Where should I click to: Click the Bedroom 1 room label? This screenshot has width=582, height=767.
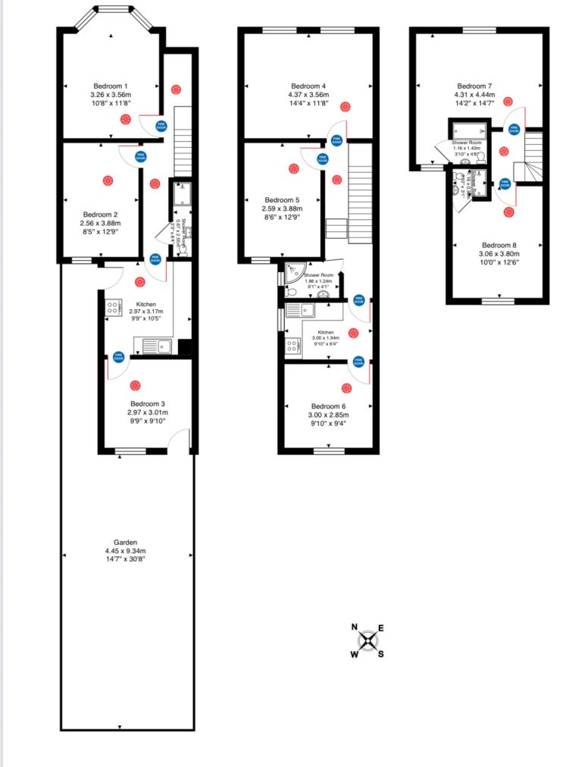click(111, 86)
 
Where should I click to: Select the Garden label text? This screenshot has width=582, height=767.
click(125, 542)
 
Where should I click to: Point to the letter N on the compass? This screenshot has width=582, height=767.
click(354, 628)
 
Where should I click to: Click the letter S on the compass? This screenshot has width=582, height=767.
click(380, 655)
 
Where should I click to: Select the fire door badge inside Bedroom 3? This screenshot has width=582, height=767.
click(118, 355)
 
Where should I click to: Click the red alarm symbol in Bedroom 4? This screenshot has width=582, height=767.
click(346, 106)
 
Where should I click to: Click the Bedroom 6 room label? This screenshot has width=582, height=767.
click(329, 405)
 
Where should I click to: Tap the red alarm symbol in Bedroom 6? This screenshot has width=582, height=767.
click(346, 388)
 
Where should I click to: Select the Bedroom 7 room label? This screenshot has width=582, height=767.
click(475, 86)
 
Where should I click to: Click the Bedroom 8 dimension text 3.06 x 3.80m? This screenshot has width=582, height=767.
click(501, 254)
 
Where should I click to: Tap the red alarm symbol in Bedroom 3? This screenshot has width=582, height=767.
click(135, 385)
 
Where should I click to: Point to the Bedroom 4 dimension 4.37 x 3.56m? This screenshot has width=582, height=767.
click(308, 95)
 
